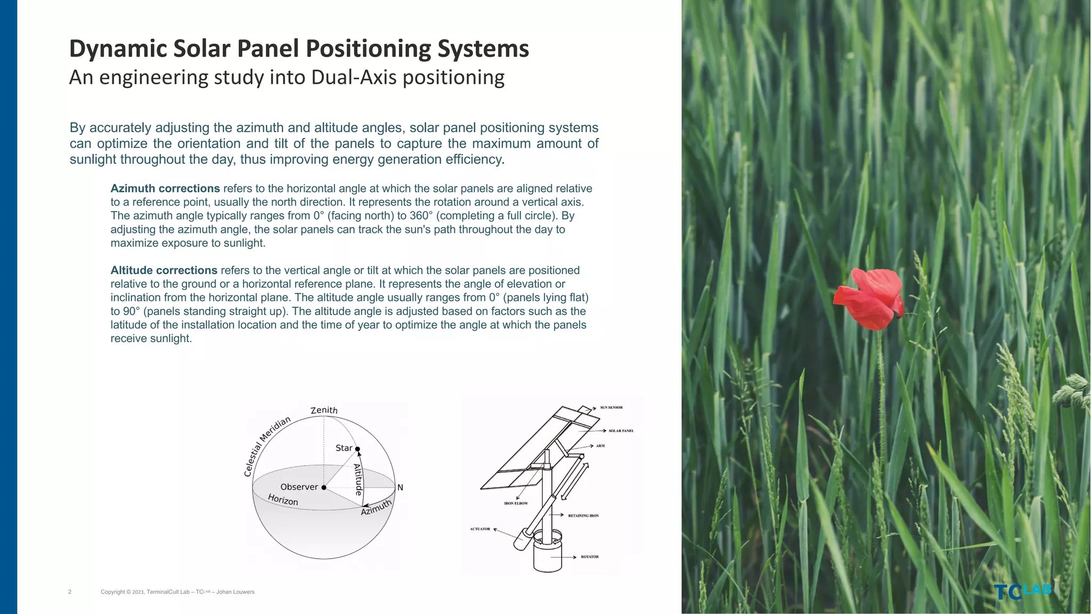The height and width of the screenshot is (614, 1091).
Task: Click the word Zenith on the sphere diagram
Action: coord(324,410)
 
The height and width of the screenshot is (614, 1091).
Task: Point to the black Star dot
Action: coord(357,449)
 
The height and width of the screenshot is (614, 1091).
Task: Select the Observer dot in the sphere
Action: coord(324,487)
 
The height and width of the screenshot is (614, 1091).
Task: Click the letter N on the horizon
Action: coord(400,488)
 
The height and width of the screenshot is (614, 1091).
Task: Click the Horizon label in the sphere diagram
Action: coord(283,500)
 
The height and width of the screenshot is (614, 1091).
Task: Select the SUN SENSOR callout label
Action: coord(611,408)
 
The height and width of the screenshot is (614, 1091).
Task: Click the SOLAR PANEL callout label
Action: coord(621,431)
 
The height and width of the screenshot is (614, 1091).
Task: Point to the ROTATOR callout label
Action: coord(590,557)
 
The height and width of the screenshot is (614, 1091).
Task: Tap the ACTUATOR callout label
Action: coord(480,529)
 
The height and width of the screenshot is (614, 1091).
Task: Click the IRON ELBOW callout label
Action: coord(516,503)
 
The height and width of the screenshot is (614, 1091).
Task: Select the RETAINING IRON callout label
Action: coord(583,516)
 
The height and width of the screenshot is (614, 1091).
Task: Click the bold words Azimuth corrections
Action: coord(165,189)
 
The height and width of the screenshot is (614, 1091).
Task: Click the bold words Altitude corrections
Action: coord(164,271)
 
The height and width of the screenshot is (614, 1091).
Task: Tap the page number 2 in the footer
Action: coord(70,592)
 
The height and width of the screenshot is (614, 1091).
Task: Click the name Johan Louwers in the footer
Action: coord(235,592)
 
